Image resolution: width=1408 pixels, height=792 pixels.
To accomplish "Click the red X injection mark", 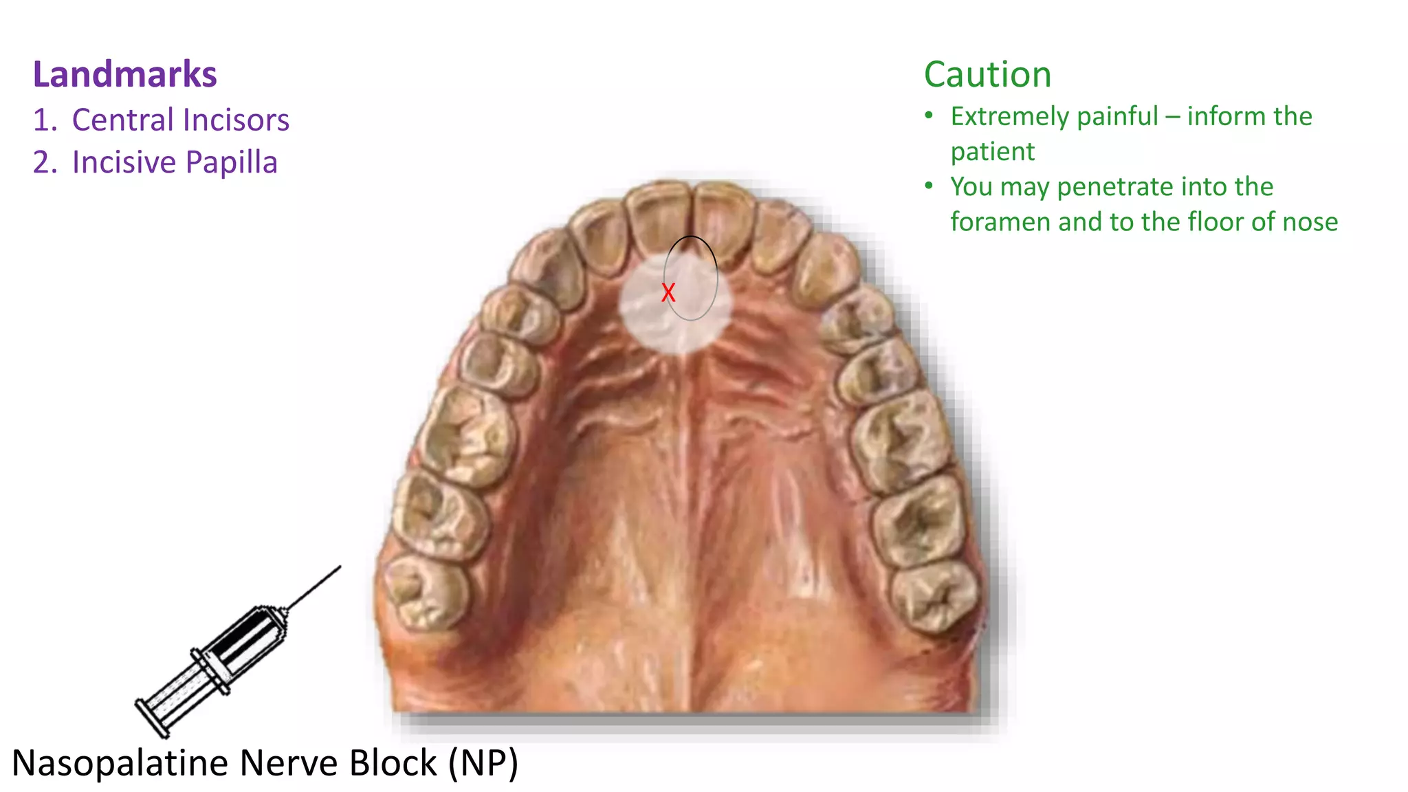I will click(x=668, y=293).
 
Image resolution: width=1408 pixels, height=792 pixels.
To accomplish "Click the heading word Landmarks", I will click(x=125, y=74).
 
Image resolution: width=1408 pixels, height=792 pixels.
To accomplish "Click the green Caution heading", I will click(x=987, y=74).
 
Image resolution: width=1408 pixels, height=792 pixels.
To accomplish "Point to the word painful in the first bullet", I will click(x=1117, y=117).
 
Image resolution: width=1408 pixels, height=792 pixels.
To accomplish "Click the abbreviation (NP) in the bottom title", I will click(x=483, y=763).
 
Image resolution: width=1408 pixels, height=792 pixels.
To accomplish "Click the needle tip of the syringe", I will click(x=340, y=567).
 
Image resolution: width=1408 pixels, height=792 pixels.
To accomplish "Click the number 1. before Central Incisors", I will click(x=45, y=120).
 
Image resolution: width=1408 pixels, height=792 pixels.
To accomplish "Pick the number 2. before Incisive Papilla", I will click(x=45, y=163).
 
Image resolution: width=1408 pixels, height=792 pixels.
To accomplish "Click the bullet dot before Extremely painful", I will click(x=929, y=115).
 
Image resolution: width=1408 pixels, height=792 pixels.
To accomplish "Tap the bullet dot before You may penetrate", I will click(x=929, y=186).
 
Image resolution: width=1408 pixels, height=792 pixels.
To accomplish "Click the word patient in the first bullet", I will click(x=992, y=152).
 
